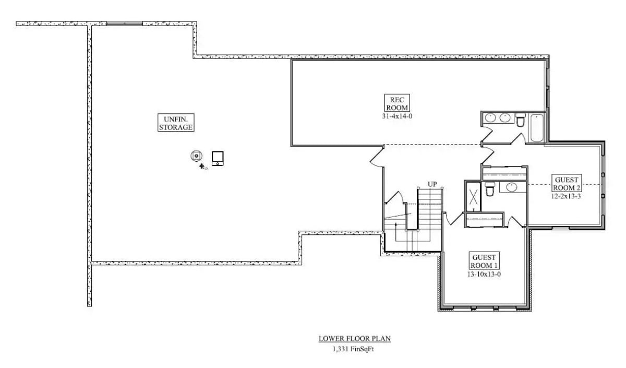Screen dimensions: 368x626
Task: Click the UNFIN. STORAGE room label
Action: pyautogui.click(x=176, y=122)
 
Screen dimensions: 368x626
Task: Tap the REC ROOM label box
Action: pyautogui.click(x=398, y=103)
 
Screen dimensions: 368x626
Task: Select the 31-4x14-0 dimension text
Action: pyautogui.click(x=398, y=116)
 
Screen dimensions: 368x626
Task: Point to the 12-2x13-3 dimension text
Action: pyautogui.click(x=566, y=196)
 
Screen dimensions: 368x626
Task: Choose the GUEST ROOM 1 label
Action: pyautogui.click(x=484, y=261)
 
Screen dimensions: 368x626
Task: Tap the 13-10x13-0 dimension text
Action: pyautogui.click(x=484, y=274)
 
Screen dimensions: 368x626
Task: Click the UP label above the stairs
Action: pyautogui.click(x=432, y=184)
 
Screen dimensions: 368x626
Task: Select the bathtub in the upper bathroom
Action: pyautogui.click(x=537, y=127)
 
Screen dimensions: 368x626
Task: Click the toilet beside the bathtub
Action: pyautogui.click(x=520, y=121)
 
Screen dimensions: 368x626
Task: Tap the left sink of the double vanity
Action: pyautogui.click(x=490, y=118)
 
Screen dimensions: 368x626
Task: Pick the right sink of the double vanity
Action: pyautogui.click(x=505, y=118)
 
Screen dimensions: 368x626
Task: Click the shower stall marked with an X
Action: pyautogui.click(x=474, y=197)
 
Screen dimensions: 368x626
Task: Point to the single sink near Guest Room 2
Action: pyautogui.click(x=512, y=187)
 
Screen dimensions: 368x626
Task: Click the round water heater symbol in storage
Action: pyautogui.click(x=196, y=156)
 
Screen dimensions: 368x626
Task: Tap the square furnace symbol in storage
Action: pyautogui.click(x=218, y=158)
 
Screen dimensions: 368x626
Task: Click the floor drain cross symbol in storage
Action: pyautogui.click(x=202, y=166)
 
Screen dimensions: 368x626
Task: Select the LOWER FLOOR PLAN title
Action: pyautogui.click(x=354, y=339)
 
